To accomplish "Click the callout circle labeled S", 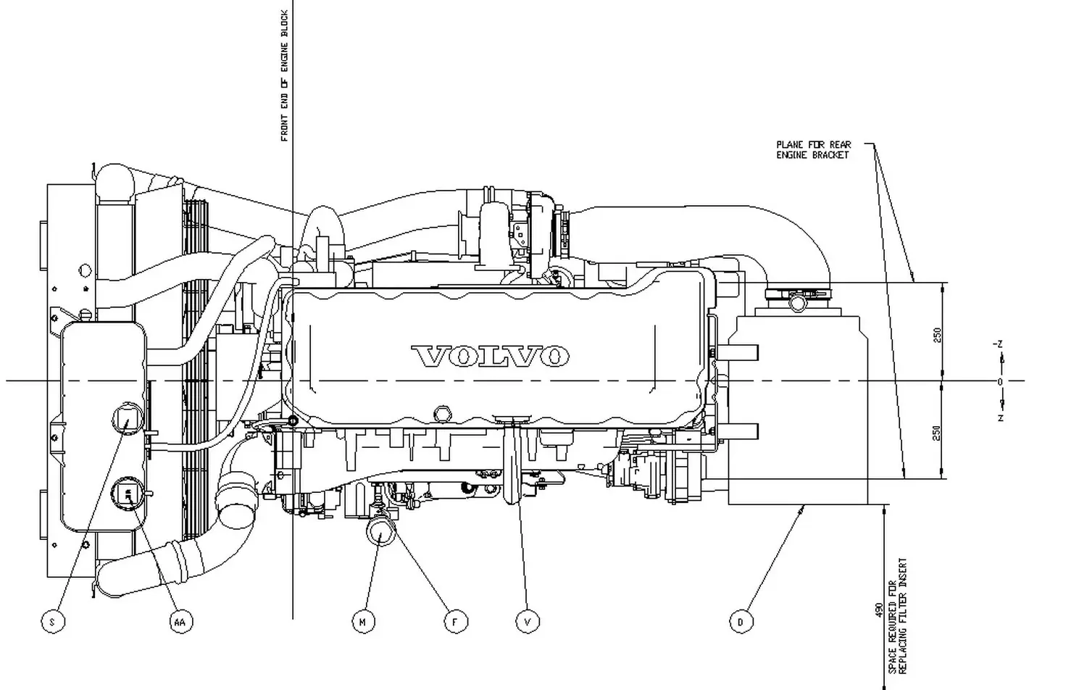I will (52, 622).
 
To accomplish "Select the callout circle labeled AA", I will (180, 622).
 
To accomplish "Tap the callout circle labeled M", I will (363, 622).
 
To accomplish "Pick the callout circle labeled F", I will (455, 622).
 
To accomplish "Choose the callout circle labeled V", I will (528, 622).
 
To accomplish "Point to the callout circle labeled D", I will (740, 622).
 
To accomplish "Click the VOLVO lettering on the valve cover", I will (490, 356).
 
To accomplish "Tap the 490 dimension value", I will (879, 609).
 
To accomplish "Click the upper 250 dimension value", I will (937, 335).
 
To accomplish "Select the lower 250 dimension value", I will (937, 433).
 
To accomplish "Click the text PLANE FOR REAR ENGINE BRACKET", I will (813, 150).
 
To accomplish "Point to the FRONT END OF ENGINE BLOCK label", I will (285, 76).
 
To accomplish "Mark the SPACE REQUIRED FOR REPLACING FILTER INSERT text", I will (897, 616).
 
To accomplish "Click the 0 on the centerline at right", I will (1000, 382).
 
